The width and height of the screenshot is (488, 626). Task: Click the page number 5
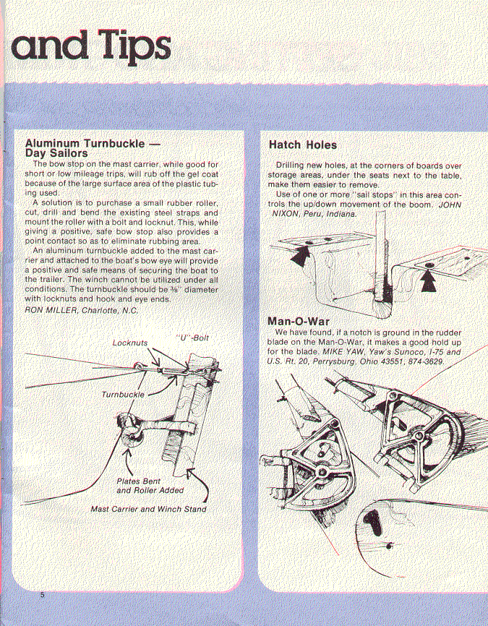click(43, 594)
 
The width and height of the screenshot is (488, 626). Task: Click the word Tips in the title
click(127, 45)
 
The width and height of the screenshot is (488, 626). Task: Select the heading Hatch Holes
click(302, 145)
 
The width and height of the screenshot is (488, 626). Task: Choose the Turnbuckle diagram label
click(122, 395)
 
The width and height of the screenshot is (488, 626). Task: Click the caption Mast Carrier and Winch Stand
click(148, 509)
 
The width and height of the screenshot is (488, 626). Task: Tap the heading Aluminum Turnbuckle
click(93, 143)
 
